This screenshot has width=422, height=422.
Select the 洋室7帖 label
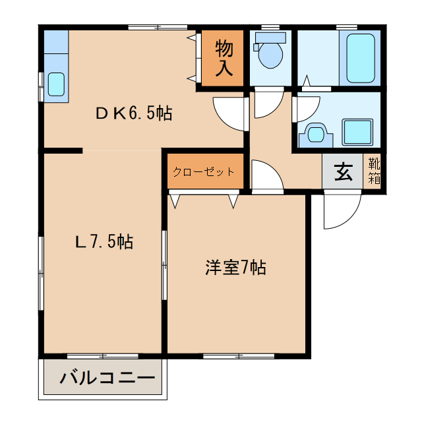235,268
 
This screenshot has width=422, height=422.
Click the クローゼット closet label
203,172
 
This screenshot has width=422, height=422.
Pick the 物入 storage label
224,57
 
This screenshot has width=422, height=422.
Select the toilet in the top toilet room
270,53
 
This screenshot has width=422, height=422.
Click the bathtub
360,59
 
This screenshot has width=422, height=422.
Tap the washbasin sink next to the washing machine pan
314,135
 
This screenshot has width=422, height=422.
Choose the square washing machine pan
358,132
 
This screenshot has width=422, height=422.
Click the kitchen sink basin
56,84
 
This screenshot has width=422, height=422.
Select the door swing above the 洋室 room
266,177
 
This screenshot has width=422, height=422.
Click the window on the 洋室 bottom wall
238,356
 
